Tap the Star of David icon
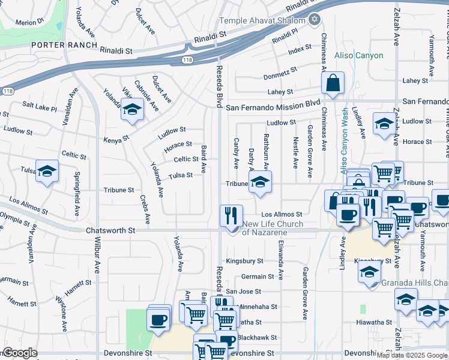coord(313,20)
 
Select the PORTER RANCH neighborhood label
coord(64,45)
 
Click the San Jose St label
coord(243,291)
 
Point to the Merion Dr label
coord(30,22)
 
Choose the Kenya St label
coord(117,138)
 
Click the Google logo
coord(20,353)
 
